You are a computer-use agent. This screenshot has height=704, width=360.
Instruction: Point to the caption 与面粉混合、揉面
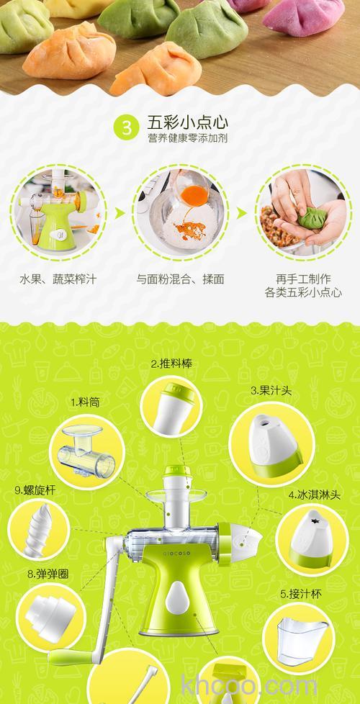click(x=180, y=279)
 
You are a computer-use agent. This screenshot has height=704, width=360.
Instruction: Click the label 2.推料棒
click(x=171, y=364)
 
